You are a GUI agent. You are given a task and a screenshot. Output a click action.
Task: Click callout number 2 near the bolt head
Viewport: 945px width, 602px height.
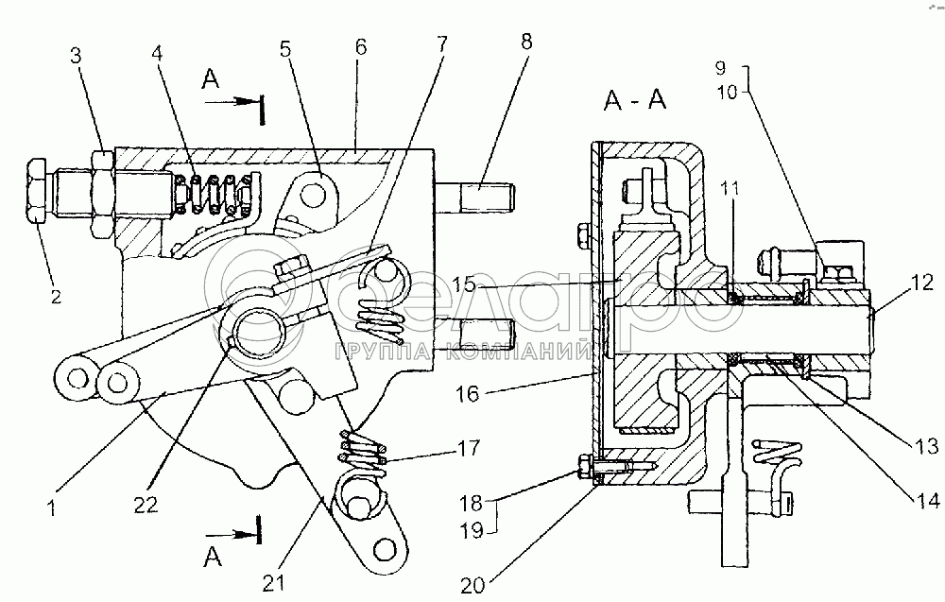point(56,297)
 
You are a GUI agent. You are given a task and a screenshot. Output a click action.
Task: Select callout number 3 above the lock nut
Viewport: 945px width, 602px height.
point(76,56)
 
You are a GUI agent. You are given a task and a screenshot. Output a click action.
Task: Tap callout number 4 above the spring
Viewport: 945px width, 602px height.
point(157,53)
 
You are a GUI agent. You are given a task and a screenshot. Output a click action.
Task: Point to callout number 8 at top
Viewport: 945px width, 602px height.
point(526,42)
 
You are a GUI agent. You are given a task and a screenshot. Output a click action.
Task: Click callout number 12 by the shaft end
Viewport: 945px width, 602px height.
point(922,282)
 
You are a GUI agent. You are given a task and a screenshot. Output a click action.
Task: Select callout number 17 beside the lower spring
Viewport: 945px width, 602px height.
point(469,448)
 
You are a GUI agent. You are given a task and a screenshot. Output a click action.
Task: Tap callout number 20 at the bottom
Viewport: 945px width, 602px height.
point(472,586)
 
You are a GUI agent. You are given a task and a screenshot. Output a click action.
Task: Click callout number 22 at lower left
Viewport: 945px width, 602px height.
point(146,504)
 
